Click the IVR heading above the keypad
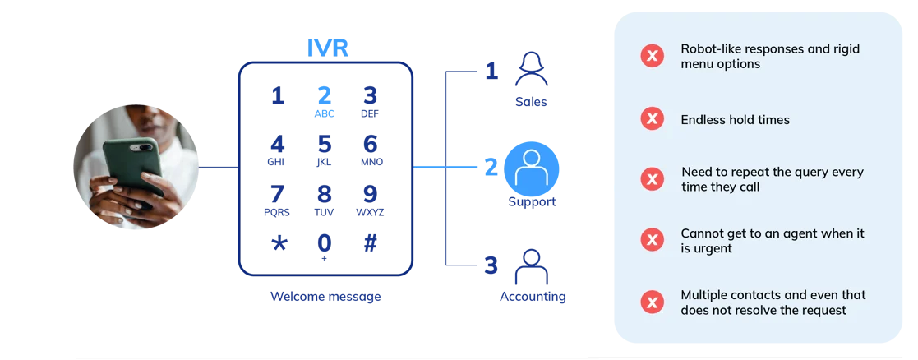coord(327,48)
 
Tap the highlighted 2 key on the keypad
coord(325,100)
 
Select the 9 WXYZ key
coord(370,199)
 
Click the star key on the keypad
coord(279,243)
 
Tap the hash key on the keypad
coord(371,243)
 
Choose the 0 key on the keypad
coord(325,245)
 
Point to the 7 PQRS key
coord(277,199)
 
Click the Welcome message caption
coord(325,297)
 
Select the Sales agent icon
coord(531,71)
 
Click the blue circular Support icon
coord(531,169)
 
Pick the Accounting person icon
coord(531,268)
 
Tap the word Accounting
coord(533,297)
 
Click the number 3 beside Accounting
coord(491,265)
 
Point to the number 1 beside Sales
coord(491,72)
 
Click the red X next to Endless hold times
coord(653,119)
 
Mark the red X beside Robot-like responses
coord(653,56)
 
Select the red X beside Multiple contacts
coord(653,302)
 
